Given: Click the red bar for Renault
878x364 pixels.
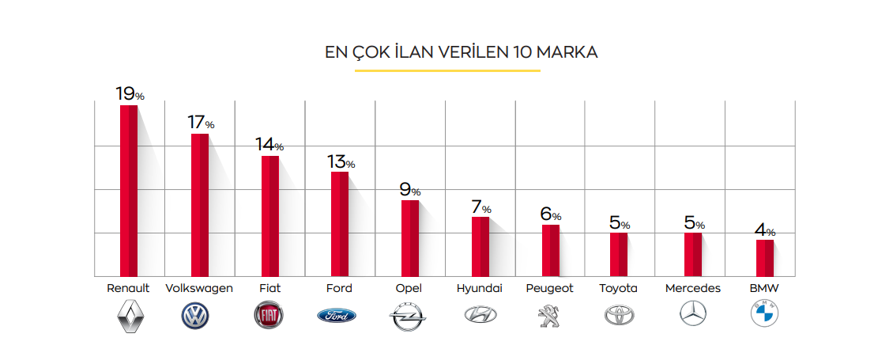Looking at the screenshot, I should [x=129, y=190].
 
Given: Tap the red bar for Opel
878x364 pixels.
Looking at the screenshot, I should [x=409, y=237].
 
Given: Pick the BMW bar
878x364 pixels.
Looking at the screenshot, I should [x=765, y=257].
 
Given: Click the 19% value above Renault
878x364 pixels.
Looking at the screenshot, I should [x=130, y=94].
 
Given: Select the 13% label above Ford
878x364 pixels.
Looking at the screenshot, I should [x=341, y=162].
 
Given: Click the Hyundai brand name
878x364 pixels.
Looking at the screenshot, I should [x=480, y=288].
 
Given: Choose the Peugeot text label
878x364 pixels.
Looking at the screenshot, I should [x=550, y=288].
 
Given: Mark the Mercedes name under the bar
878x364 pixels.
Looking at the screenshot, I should [x=693, y=288].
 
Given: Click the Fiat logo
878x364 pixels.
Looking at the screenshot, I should [x=269, y=316].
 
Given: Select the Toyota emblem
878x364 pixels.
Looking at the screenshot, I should [x=619, y=316].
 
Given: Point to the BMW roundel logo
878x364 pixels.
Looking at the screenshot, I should [x=763, y=315].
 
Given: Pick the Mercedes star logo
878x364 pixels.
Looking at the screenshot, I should [x=693, y=315].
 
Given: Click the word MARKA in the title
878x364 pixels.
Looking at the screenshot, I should [x=567, y=53].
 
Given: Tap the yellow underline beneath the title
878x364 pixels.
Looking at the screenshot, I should [x=447, y=70].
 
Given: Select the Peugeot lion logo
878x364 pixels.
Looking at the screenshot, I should [x=548, y=316].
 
